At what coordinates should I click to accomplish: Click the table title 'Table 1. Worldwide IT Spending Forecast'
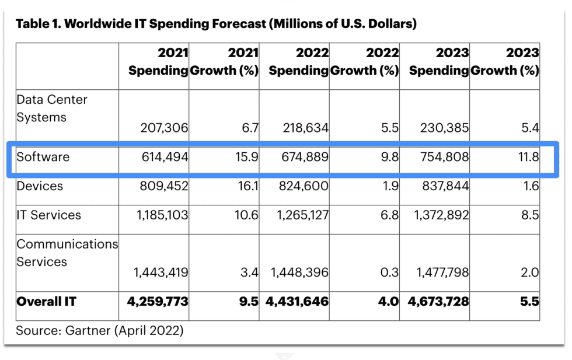[x=215, y=24]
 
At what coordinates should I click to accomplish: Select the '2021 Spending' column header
[x=158, y=61]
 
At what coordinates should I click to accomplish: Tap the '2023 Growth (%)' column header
[x=505, y=61]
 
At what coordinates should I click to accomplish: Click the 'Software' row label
[x=43, y=157]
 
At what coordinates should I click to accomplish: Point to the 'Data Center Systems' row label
[x=51, y=109]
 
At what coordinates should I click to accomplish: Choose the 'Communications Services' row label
[x=67, y=253]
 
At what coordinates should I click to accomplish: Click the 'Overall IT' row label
[x=46, y=302]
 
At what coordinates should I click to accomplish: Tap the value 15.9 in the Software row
[x=246, y=157]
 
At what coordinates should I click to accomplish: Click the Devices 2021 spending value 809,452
[x=164, y=186]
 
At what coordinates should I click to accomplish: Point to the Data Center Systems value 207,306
[x=164, y=127]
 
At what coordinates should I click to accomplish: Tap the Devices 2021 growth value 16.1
[x=246, y=186]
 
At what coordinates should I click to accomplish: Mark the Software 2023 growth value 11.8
[x=528, y=157]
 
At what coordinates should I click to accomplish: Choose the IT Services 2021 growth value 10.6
[x=245, y=215]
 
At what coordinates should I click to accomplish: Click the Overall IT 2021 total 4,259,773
[x=158, y=302]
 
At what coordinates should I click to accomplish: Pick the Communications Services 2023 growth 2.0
[x=530, y=272]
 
